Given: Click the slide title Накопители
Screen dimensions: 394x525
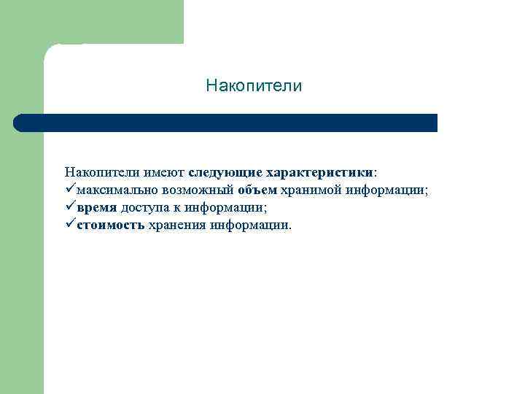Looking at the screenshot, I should pyautogui.click(x=253, y=87).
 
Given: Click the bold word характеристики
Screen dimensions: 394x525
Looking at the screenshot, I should pyautogui.click(x=319, y=173).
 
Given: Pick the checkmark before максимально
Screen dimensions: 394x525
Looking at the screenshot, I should pyautogui.click(x=69, y=190).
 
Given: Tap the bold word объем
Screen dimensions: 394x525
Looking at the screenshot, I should pyautogui.click(x=257, y=190).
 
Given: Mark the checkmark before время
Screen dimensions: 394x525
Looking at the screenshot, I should pyautogui.click(x=69, y=207).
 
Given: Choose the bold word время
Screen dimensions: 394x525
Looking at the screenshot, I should pyautogui.click(x=96, y=208).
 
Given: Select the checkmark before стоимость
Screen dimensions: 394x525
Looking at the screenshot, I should pyautogui.click(x=69, y=225).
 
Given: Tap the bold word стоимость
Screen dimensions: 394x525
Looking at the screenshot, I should pyautogui.click(x=110, y=225).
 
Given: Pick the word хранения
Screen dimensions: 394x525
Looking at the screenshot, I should pyautogui.click(x=177, y=225).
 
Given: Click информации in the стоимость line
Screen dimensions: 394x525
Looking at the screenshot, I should pyautogui.click(x=250, y=225).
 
